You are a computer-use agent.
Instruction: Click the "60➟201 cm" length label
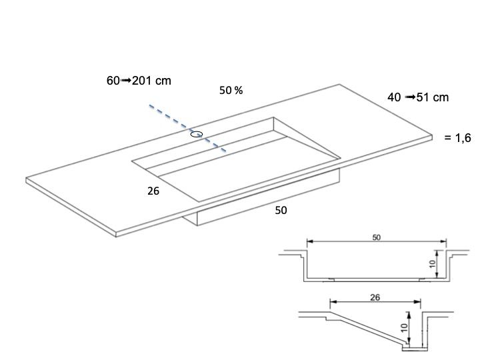coord(139,81)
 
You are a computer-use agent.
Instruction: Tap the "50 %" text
coord(231,90)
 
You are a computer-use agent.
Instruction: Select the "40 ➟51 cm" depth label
coord(418,97)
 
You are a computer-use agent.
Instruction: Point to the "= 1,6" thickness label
coord(457,138)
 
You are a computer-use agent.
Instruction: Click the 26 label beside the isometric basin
coord(153,191)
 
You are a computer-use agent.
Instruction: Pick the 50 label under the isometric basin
coord(281,210)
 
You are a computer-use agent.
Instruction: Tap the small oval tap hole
coord(196,134)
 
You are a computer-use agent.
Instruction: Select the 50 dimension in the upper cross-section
coord(377,237)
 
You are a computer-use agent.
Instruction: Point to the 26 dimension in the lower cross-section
coord(375,297)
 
